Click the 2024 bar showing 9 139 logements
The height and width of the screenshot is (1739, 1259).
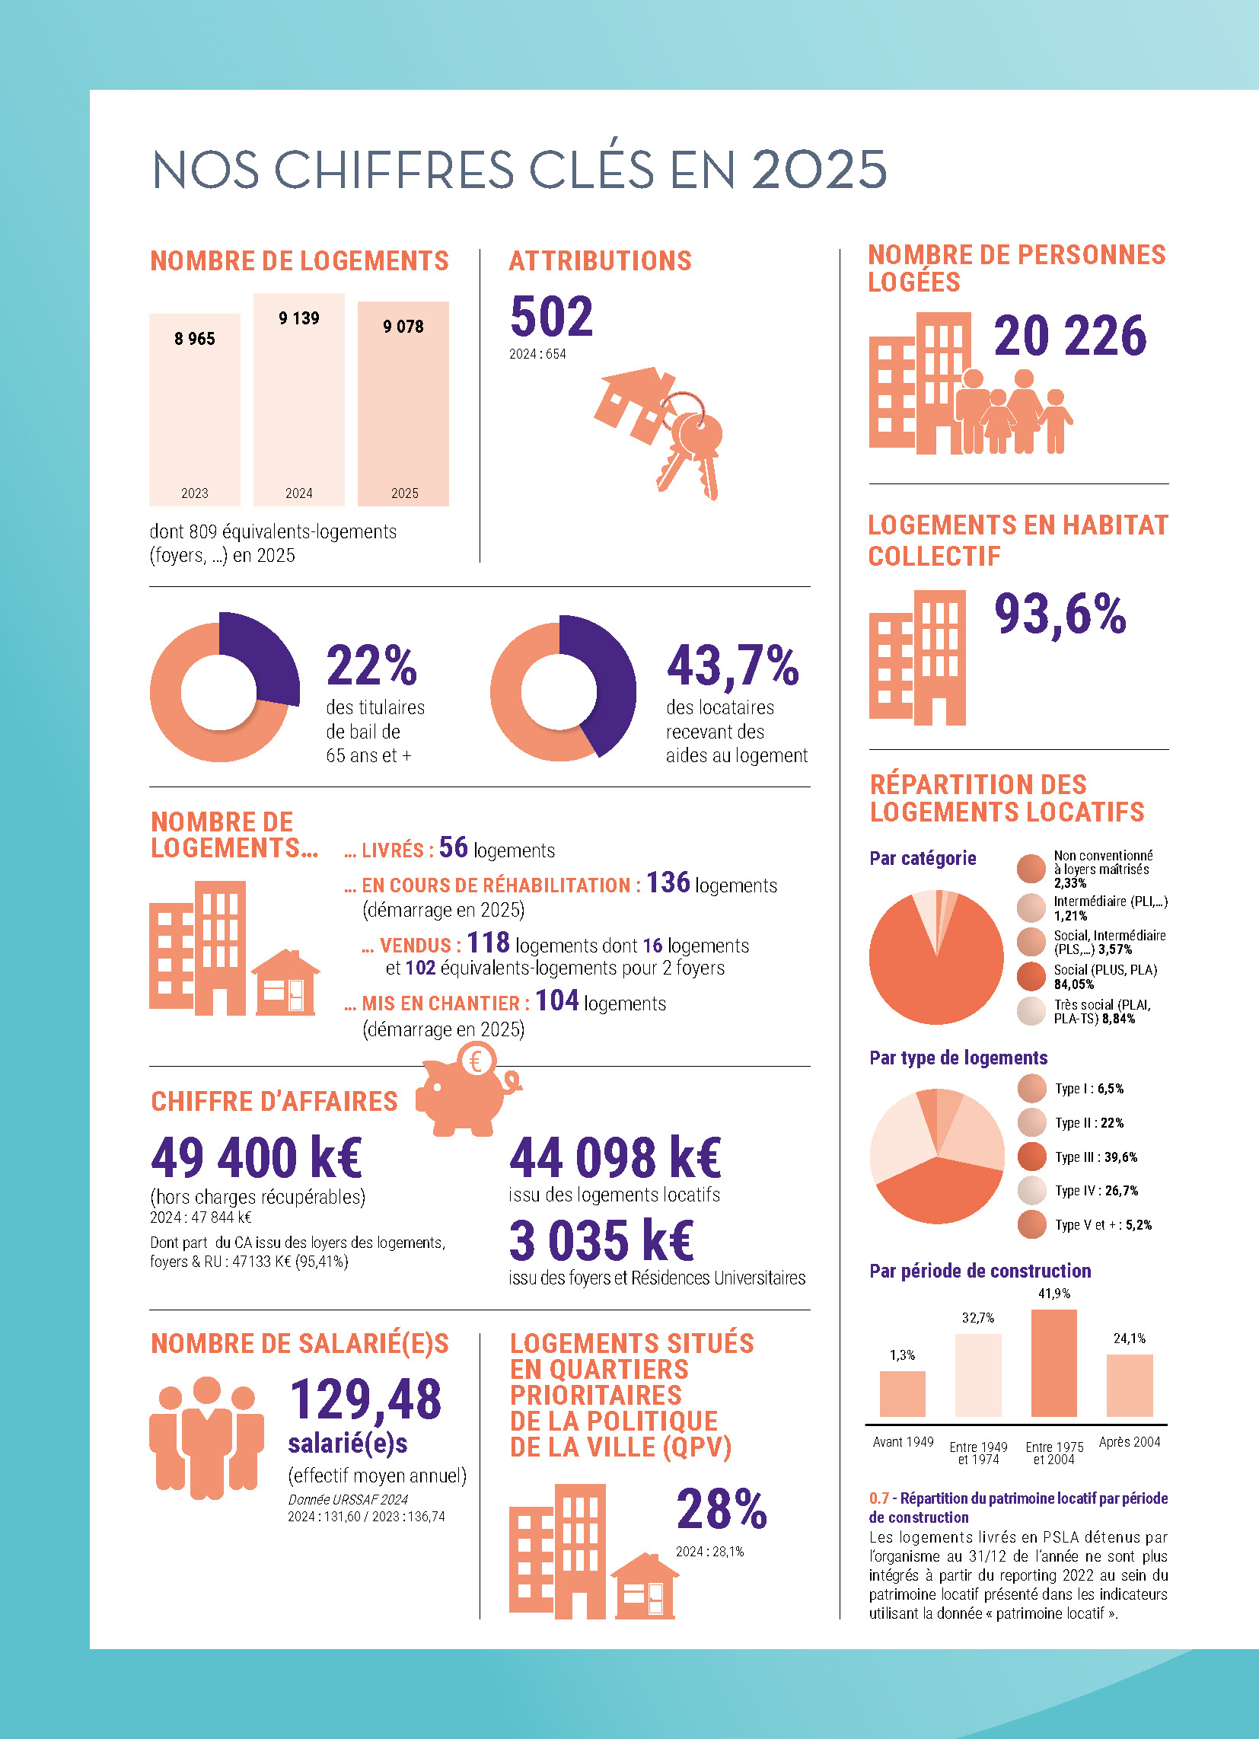pyautogui.click(x=299, y=399)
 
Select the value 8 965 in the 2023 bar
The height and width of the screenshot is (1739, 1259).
pyautogui.click(x=195, y=339)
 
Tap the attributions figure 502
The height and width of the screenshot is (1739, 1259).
pyautogui.click(x=551, y=316)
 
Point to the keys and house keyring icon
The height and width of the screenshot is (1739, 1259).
pyautogui.click(x=658, y=432)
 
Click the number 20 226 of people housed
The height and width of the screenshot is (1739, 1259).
pyautogui.click(x=1069, y=336)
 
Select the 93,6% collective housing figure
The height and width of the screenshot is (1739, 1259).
pyautogui.click(x=1060, y=615)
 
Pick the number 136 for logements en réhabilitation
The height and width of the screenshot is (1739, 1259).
pyautogui.click(x=668, y=882)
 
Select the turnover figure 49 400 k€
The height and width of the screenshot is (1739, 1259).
pyautogui.click(x=256, y=1157)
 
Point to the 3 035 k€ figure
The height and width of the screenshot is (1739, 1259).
pyautogui.click(x=601, y=1240)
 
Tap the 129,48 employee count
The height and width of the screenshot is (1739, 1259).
pyautogui.click(x=365, y=1399)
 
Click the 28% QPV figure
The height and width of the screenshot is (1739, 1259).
pyautogui.click(x=722, y=1509)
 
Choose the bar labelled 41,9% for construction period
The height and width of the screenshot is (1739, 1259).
pyautogui.click(x=1053, y=1363)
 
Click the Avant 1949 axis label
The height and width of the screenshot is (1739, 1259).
pyautogui.click(x=904, y=1442)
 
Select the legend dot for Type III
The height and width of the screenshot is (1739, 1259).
pyautogui.click(x=1032, y=1157)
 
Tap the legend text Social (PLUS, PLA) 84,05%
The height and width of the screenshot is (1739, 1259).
pyautogui.click(x=1105, y=977)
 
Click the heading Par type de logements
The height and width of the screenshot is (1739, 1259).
pyautogui.click(x=958, y=1058)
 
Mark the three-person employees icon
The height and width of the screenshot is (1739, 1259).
pyautogui.click(x=206, y=1437)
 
